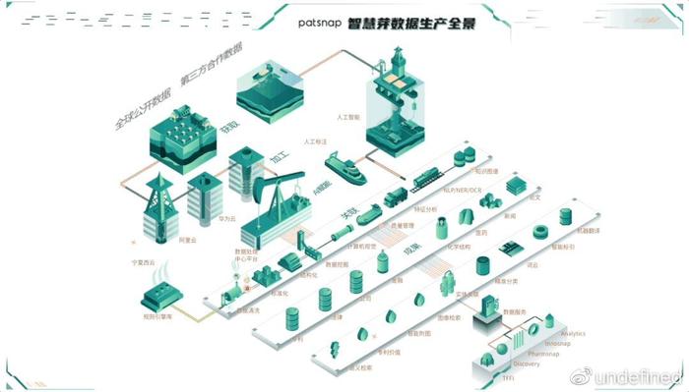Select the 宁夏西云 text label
[x=142, y=262]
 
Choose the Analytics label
[x=572, y=334]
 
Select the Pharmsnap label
[x=543, y=354]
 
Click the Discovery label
[x=527, y=364]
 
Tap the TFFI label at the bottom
[x=508, y=376]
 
